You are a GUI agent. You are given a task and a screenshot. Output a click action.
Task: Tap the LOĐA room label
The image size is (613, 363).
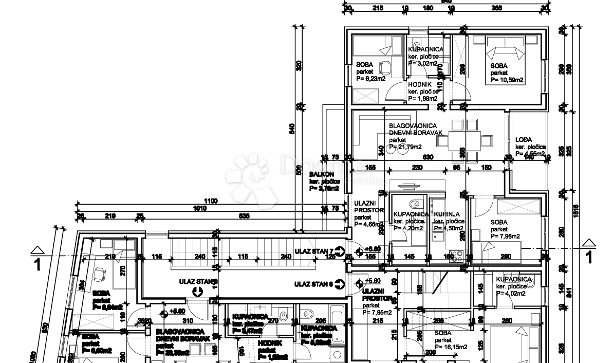[x=524, y=139]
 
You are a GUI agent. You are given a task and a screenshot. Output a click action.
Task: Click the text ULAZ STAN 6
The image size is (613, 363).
[x=314, y=283]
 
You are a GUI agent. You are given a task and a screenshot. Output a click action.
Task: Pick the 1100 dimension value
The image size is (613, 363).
[x=211, y=201]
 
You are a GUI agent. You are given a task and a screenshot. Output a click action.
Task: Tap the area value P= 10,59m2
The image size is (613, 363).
[x=507, y=80]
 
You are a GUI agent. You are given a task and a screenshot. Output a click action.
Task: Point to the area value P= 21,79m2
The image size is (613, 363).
[x=405, y=147]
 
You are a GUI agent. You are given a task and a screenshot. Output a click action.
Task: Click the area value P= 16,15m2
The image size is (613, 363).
[x=451, y=347]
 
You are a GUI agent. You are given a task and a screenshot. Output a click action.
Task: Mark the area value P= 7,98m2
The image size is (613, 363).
[x=506, y=236]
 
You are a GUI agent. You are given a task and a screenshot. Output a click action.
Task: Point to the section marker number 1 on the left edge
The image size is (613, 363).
[x=36, y=265]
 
